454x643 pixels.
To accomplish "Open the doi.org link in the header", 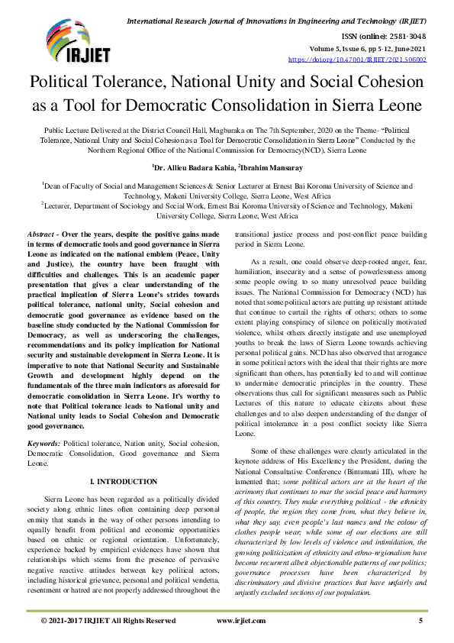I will pos(357,59).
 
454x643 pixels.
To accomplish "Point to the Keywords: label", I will pos(44,443).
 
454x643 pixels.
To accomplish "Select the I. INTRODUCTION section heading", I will pos(124,482).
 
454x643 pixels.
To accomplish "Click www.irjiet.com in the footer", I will pos(241,621).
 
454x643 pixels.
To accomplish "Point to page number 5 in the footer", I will pos(420,621).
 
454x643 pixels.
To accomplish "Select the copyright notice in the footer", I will pos(108,621).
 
